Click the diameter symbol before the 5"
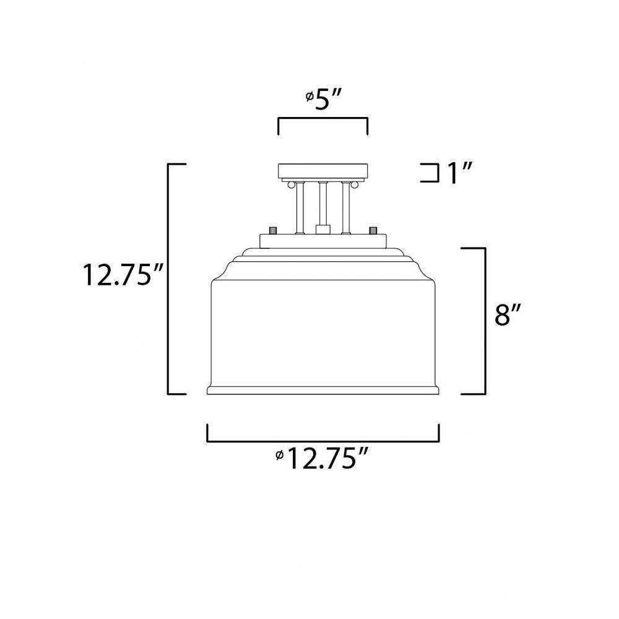310,96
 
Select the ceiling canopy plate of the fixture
323,171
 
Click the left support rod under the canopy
300,207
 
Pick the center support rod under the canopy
323,203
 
